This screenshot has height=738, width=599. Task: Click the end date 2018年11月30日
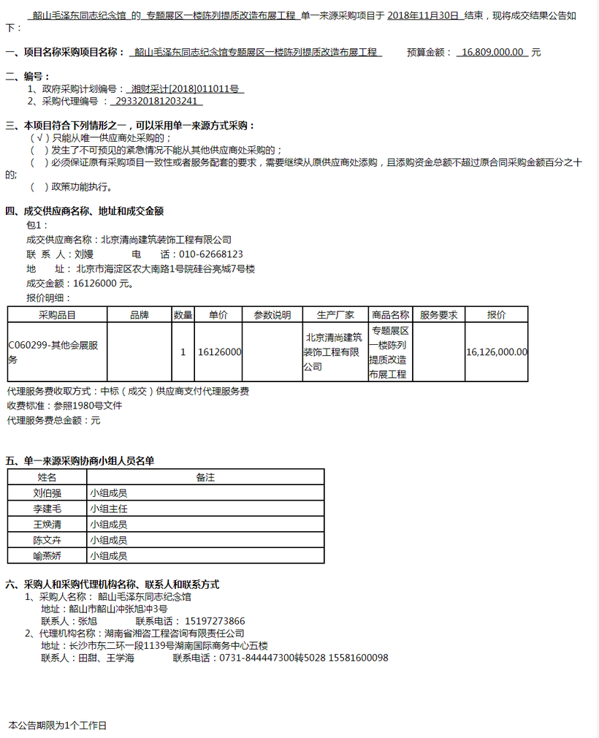(x=424, y=15)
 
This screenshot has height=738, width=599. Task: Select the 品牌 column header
(x=140, y=315)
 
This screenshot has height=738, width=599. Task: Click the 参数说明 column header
(x=272, y=315)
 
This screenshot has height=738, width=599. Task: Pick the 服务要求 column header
(x=438, y=315)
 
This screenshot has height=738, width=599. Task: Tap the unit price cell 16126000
(x=219, y=352)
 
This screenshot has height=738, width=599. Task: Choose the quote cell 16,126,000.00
(x=496, y=352)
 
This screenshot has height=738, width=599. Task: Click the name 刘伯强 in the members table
(x=47, y=493)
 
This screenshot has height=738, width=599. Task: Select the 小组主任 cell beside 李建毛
(x=109, y=509)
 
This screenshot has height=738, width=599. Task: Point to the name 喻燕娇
(x=47, y=556)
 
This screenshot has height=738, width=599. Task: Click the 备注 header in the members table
(x=205, y=477)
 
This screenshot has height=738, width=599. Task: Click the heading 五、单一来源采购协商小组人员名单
(x=80, y=461)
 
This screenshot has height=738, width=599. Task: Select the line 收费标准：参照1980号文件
(x=64, y=406)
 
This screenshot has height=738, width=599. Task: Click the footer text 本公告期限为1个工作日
(x=58, y=726)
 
